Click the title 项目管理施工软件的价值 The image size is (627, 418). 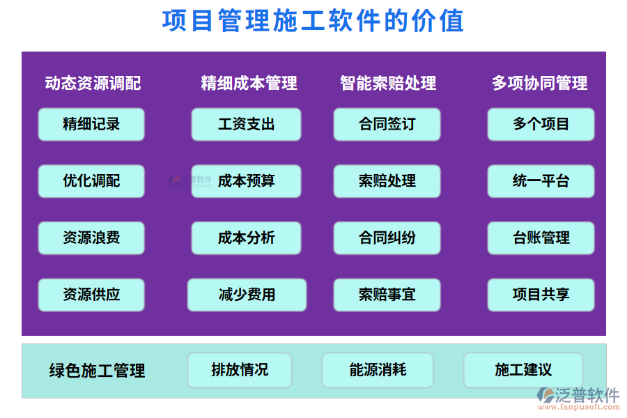click(x=313, y=22)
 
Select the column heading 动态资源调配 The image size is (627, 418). click(x=93, y=83)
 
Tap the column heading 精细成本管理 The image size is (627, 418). click(x=249, y=83)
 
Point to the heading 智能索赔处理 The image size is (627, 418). click(x=388, y=83)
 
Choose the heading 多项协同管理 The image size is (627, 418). click(x=539, y=83)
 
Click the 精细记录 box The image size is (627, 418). click(x=91, y=124)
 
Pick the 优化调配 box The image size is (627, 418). click(x=91, y=181)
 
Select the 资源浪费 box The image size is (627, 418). click(x=91, y=238)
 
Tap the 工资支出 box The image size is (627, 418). click(x=246, y=124)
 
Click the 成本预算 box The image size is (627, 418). click(x=246, y=181)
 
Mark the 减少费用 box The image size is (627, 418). click(x=247, y=295)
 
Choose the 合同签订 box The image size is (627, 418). click(x=387, y=124)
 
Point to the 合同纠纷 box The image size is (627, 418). click(x=387, y=238)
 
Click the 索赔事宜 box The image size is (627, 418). click(x=387, y=295)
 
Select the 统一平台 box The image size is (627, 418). click(x=541, y=181)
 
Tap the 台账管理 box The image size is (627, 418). click(x=541, y=238)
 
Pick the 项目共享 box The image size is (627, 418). click(x=541, y=295)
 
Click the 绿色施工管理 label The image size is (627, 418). click(x=98, y=371)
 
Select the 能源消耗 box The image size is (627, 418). click(x=378, y=370)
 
